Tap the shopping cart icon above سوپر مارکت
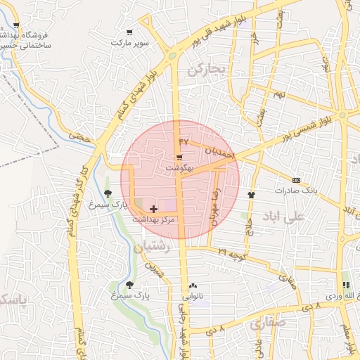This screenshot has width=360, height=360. [x=129, y=32]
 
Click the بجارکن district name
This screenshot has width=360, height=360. [x=205, y=69]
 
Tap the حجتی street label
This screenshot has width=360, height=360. [x=79, y=136]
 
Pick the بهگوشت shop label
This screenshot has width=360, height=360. [x=178, y=168]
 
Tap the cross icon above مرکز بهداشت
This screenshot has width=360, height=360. [x=154, y=209]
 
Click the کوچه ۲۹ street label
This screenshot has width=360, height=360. [x=231, y=254]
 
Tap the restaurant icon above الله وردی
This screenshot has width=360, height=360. [x=345, y=285]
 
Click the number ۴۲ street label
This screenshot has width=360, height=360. [x=184, y=143]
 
